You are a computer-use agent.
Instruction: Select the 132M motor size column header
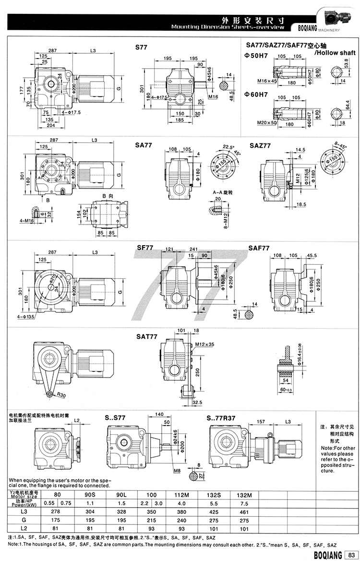[x=244, y=494]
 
